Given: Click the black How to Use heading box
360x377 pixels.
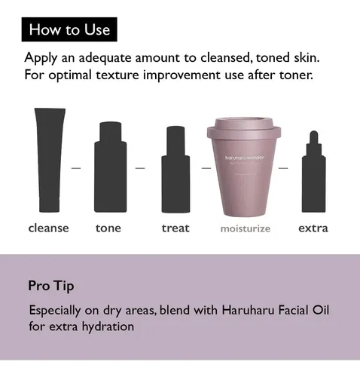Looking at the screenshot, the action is [x=69, y=29].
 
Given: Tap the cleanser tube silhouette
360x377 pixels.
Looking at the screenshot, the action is [x=50, y=160].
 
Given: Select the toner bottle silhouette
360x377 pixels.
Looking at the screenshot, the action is [x=111, y=167].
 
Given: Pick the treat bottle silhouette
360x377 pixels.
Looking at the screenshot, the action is [x=175, y=170].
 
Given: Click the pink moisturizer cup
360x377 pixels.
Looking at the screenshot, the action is [x=244, y=167].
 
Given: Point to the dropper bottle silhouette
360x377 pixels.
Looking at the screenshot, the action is [x=313, y=171].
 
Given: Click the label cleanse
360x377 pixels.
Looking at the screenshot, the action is [x=48, y=228].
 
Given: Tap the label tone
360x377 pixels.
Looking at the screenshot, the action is [x=108, y=228].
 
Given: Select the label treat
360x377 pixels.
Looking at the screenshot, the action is [x=175, y=228].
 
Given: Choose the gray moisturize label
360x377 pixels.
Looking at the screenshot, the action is [x=246, y=228].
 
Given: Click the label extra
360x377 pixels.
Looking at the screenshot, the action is [x=313, y=228].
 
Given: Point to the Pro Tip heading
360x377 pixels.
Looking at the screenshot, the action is [x=51, y=286].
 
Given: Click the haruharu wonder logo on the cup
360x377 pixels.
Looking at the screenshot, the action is [x=245, y=158].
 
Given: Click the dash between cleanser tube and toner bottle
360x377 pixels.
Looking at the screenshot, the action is [x=76, y=168].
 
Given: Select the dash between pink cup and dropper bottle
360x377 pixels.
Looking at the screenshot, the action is [x=283, y=168].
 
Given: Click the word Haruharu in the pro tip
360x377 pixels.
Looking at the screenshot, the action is [x=248, y=310].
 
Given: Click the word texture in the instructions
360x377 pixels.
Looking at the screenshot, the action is [x=117, y=75].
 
